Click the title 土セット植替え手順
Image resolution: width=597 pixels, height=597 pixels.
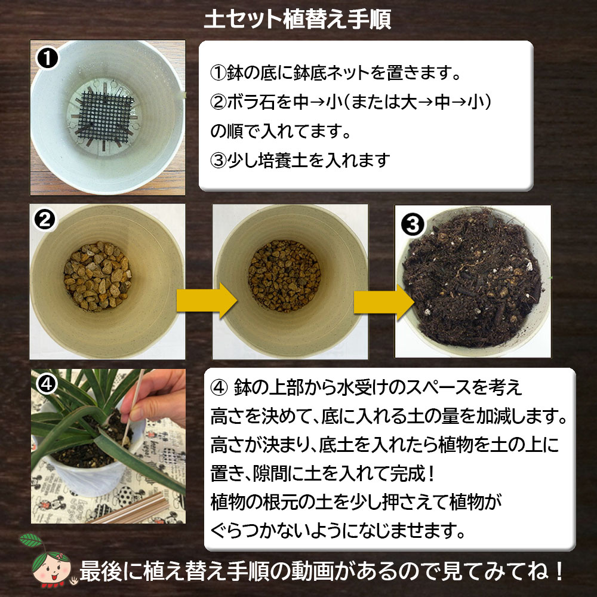tap(298, 19)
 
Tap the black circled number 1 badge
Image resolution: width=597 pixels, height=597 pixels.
tap(47, 59)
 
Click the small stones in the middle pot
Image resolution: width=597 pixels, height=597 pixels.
tap(284, 278)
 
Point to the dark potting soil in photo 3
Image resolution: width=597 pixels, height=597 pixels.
tap(475, 287)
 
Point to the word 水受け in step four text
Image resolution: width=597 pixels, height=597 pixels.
tap(369, 388)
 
